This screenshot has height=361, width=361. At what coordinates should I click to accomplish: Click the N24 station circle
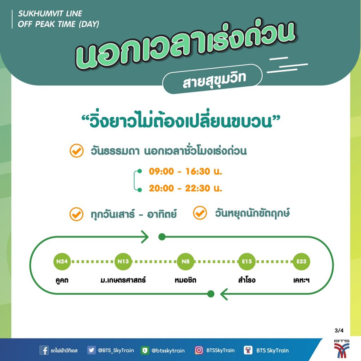[62, 262]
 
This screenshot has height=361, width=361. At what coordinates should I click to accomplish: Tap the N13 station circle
[123, 262]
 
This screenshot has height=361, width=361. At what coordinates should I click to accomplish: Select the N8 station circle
[185, 262]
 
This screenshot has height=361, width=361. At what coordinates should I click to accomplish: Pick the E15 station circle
[247, 262]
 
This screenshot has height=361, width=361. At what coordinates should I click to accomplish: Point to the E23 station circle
[301, 262]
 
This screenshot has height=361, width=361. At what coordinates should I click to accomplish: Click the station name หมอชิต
[185, 280]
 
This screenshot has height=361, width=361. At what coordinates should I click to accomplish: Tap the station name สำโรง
[247, 280]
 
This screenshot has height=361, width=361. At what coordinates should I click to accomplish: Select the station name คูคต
[62, 280]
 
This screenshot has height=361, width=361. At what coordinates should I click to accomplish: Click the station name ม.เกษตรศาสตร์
[123, 280]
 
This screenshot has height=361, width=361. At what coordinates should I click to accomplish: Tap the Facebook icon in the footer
[44, 350]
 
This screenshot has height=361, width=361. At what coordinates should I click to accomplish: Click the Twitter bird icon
[91, 350]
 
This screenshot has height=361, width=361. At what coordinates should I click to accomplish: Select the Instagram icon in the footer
[199, 350]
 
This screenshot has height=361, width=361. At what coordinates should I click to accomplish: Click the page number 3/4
[339, 331]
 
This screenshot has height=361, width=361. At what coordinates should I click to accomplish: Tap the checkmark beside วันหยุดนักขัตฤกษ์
[200, 213]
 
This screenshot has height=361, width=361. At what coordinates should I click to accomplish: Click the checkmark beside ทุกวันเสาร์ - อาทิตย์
[77, 214]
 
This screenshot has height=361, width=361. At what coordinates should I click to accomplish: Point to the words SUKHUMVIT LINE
[50, 14]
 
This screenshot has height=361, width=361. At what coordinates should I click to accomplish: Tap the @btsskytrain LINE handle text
[168, 350]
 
